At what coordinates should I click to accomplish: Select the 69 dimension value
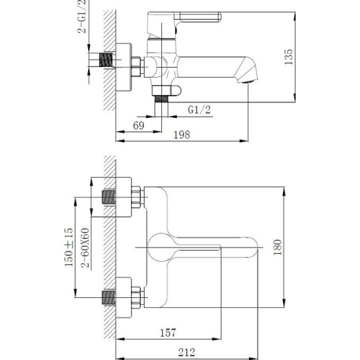[x=138, y=126]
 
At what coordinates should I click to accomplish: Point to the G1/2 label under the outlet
[x=199, y=110]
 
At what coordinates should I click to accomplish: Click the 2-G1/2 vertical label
[x=83, y=17]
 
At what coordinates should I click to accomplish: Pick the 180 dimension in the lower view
[x=277, y=248]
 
